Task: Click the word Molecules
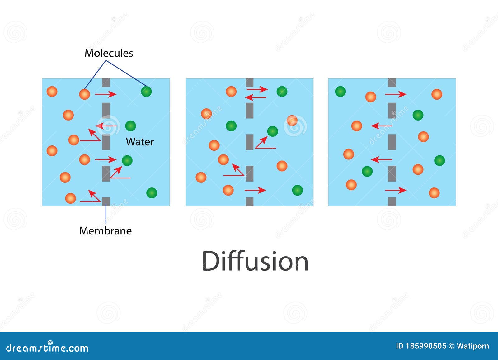pyautogui.click(x=109, y=53)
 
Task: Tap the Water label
pyautogui.click(x=140, y=142)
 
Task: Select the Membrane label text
pyautogui.click(x=106, y=231)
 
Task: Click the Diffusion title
pyautogui.click(x=255, y=261)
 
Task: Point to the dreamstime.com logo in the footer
pyautogui.click(x=47, y=347)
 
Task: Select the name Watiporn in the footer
pyautogui.click(x=473, y=346)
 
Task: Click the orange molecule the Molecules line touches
pyautogui.click(x=84, y=94)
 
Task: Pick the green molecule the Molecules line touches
pyautogui.click(x=146, y=92)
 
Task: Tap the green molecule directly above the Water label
pyautogui.click(x=130, y=126)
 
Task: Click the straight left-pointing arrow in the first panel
pyautogui.click(x=106, y=126)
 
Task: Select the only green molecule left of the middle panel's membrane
pyautogui.click(x=231, y=126)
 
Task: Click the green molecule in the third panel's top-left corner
pyautogui.click(x=341, y=92)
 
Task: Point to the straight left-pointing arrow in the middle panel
pyautogui.click(x=256, y=97)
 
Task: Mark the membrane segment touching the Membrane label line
pyautogui.click(x=106, y=201)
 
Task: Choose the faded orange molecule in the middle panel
pyautogui.click(x=292, y=121)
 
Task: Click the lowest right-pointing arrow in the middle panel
pyautogui.click(x=255, y=190)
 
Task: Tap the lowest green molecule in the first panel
pyautogui.click(x=152, y=193)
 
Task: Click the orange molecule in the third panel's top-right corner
pyautogui.click(x=437, y=94)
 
